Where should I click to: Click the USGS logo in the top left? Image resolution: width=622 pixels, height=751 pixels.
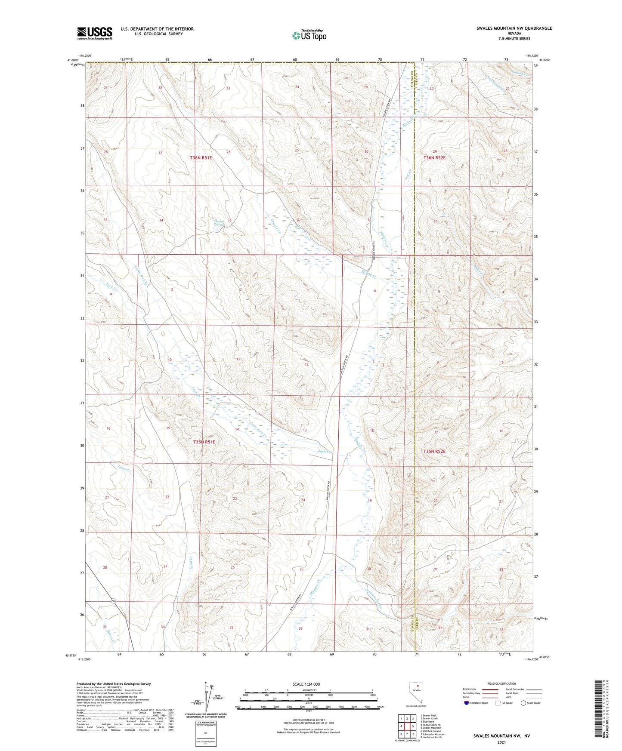coord(94,33)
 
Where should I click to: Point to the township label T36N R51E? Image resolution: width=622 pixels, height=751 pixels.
coord(201,158)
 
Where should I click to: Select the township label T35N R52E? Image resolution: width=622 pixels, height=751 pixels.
coord(434,451)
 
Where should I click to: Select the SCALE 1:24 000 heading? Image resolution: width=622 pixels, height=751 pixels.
coord(306,684)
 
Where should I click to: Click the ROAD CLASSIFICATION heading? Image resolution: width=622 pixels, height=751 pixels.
coord(501,683)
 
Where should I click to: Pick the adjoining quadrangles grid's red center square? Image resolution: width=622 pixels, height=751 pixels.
coord(407,726)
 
